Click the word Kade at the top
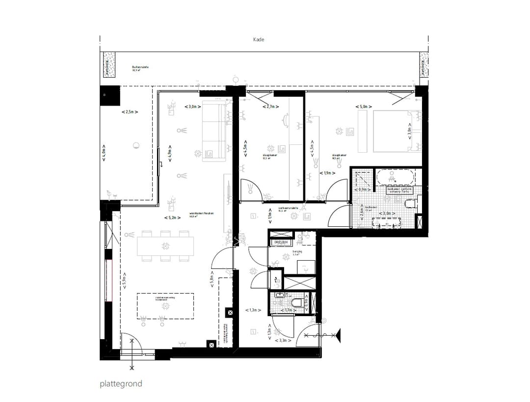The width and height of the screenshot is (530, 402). coord(259,40)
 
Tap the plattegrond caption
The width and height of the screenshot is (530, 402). coord(121,383)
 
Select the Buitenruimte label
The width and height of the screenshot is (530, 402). coord(140,67)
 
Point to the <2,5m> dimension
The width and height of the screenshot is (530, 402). coord(130,112)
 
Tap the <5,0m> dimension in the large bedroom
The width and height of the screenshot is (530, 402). coord(364,107)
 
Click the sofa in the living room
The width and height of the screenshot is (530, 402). coord(214,131)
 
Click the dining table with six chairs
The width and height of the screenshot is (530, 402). coord(165,246)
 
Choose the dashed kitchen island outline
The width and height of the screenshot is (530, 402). coord(165,306)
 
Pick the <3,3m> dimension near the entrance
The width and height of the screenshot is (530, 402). coord(284,340)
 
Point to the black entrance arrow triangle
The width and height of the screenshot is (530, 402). coord(338,336)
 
